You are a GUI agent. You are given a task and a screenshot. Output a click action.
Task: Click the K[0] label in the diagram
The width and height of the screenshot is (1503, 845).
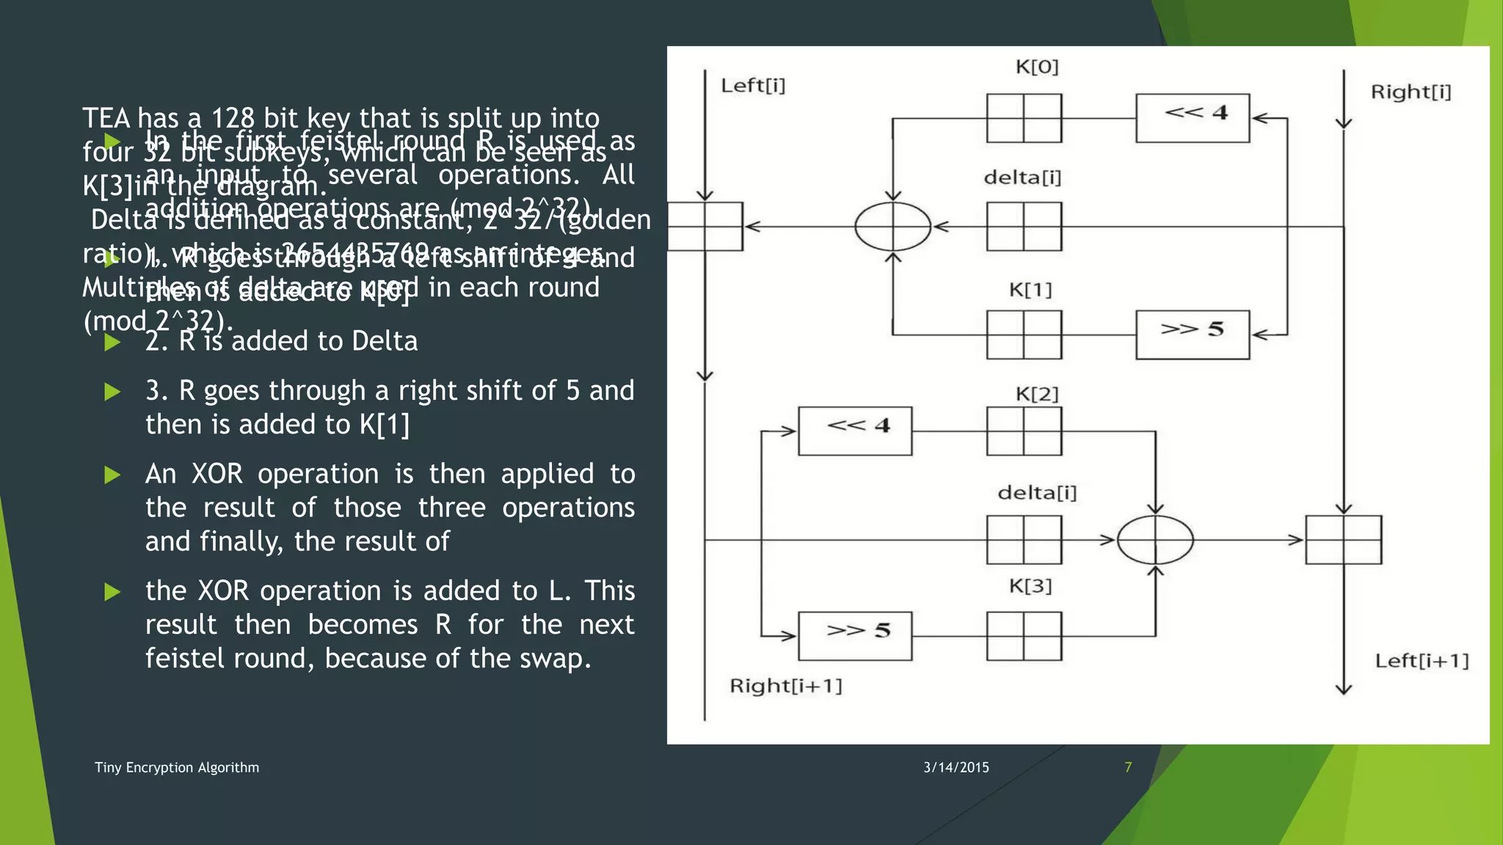click(x=1036, y=67)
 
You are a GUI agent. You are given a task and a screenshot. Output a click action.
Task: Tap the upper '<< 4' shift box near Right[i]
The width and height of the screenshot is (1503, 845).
click(x=1192, y=117)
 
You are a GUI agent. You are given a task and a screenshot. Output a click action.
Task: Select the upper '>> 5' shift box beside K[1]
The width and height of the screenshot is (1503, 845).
click(x=1192, y=334)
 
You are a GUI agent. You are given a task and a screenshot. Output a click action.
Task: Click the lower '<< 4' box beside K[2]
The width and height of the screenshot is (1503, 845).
click(x=855, y=431)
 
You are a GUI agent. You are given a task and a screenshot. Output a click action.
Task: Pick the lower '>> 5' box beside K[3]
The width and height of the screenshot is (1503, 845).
click(x=855, y=635)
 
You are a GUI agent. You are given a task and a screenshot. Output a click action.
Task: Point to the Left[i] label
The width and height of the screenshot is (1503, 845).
click(x=753, y=86)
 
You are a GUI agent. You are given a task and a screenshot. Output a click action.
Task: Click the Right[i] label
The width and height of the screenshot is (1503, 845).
click(x=1411, y=92)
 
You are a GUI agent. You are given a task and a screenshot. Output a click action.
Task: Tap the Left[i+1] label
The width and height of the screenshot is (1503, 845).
click(x=1422, y=661)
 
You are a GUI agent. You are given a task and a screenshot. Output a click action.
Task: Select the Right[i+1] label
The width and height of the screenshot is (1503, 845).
click(x=785, y=686)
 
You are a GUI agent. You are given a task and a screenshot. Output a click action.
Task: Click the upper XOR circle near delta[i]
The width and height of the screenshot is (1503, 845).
click(x=892, y=227)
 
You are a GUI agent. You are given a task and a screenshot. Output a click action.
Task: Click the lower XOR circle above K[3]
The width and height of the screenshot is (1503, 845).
click(x=1155, y=540)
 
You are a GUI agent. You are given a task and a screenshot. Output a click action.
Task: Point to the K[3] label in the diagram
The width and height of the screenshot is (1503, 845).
click(x=1030, y=586)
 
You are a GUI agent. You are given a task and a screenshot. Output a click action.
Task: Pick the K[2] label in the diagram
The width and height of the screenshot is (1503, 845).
click(x=1036, y=395)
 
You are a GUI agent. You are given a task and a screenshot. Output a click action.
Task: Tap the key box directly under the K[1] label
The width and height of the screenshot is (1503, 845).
click(x=1024, y=334)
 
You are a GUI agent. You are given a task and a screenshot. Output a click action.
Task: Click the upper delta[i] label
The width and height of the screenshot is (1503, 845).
click(x=1022, y=178)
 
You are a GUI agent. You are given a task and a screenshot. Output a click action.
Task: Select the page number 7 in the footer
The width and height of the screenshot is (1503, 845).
click(x=1128, y=767)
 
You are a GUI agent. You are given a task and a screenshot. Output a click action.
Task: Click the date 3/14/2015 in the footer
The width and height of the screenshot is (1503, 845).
click(x=956, y=767)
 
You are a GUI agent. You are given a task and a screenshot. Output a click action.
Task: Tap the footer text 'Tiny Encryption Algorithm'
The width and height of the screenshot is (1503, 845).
click(x=177, y=767)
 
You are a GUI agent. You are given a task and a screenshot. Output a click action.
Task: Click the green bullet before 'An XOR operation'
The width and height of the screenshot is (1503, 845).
click(x=112, y=475)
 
